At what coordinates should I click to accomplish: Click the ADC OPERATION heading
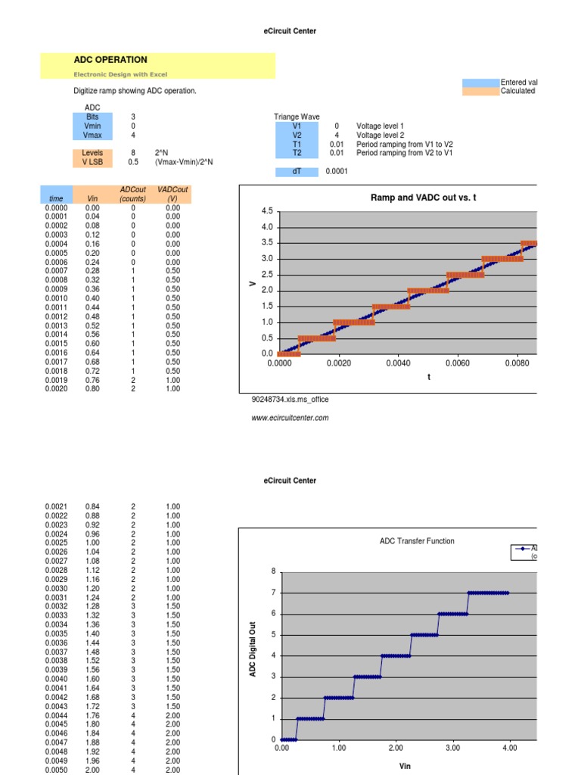[x=110, y=60]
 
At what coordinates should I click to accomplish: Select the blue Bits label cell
[x=92, y=117]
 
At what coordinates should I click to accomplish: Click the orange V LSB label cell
[x=92, y=161]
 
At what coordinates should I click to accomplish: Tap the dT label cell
[x=297, y=172]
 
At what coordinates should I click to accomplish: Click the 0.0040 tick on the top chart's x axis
[x=398, y=364]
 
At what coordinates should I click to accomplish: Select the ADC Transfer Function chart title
[x=418, y=541]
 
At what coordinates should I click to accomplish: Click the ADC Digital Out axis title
[x=254, y=648]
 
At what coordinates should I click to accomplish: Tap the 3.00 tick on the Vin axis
[x=452, y=748]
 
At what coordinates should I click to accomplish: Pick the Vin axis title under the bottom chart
[x=405, y=766]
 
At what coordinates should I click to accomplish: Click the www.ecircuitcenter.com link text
[x=290, y=417]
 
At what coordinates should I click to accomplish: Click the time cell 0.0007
[x=56, y=271]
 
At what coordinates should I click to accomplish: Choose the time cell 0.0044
[x=56, y=715]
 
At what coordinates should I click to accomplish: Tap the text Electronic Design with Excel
[x=120, y=74]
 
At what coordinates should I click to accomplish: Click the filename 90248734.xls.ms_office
[x=290, y=399]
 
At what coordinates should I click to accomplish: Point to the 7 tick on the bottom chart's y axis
[x=274, y=593]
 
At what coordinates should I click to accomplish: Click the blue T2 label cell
[x=297, y=153]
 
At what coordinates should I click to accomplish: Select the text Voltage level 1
[x=381, y=126]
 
